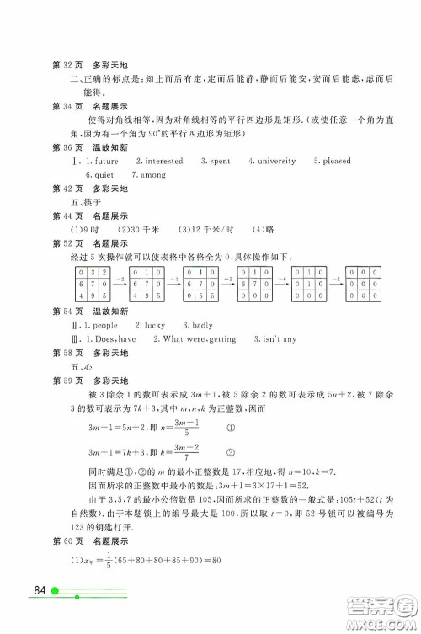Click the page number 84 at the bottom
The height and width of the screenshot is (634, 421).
[x=40, y=611]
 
